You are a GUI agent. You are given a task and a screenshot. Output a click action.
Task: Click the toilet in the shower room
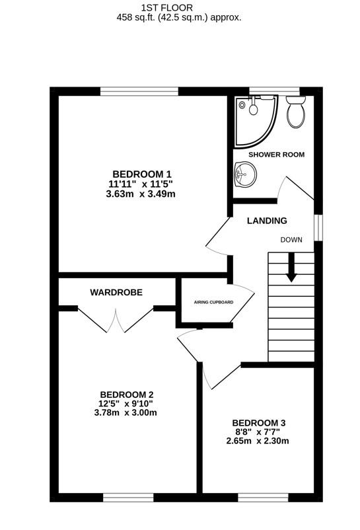[296, 112]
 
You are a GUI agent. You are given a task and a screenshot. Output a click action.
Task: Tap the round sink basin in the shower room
[245, 174]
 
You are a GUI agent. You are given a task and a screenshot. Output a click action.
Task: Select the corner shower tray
[256, 121]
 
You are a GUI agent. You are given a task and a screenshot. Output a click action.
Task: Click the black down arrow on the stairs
[291, 267]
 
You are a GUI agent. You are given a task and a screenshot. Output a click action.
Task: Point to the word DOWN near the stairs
[291, 240]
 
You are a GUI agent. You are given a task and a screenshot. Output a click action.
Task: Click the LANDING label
[267, 221]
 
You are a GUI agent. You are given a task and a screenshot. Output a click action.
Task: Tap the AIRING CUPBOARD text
[213, 302]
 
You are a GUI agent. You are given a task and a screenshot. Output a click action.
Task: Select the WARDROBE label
[116, 292]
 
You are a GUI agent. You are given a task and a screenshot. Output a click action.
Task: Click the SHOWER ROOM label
[277, 155]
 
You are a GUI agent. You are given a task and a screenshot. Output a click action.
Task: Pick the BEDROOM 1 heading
[142, 174]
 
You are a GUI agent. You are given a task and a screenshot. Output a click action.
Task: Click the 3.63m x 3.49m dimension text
[141, 194]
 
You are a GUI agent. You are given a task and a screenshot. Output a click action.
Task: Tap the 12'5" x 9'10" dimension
[126, 404]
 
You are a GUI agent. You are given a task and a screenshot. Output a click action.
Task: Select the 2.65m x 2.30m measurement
[258, 441]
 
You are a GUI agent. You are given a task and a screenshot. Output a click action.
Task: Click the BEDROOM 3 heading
[259, 423]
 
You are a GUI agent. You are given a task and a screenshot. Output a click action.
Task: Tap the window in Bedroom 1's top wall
[139, 91]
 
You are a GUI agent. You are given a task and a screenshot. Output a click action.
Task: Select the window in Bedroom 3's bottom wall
[263, 498]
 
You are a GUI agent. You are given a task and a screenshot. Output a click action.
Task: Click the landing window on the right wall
[318, 228]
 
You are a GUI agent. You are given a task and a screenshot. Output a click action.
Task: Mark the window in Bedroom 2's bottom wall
[128, 498]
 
